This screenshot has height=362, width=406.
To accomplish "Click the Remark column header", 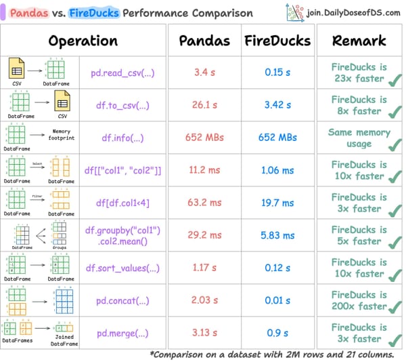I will pyautogui.click(x=359, y=41).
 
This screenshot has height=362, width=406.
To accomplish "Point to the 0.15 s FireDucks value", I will pyautogui.click(x=277, y=72).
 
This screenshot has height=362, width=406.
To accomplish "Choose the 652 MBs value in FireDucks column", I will pyautogui.click(x=277, y=137).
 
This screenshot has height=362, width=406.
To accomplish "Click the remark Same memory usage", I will pyautogui.click(x=359, y=138).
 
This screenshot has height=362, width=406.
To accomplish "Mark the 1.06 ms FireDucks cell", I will pyautogui.click(x=277, y=170).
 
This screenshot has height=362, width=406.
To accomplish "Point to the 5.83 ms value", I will pyautogui.click(x=277, y=235).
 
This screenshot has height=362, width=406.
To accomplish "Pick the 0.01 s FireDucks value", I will pyautogui.click(x=277, y=300).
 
